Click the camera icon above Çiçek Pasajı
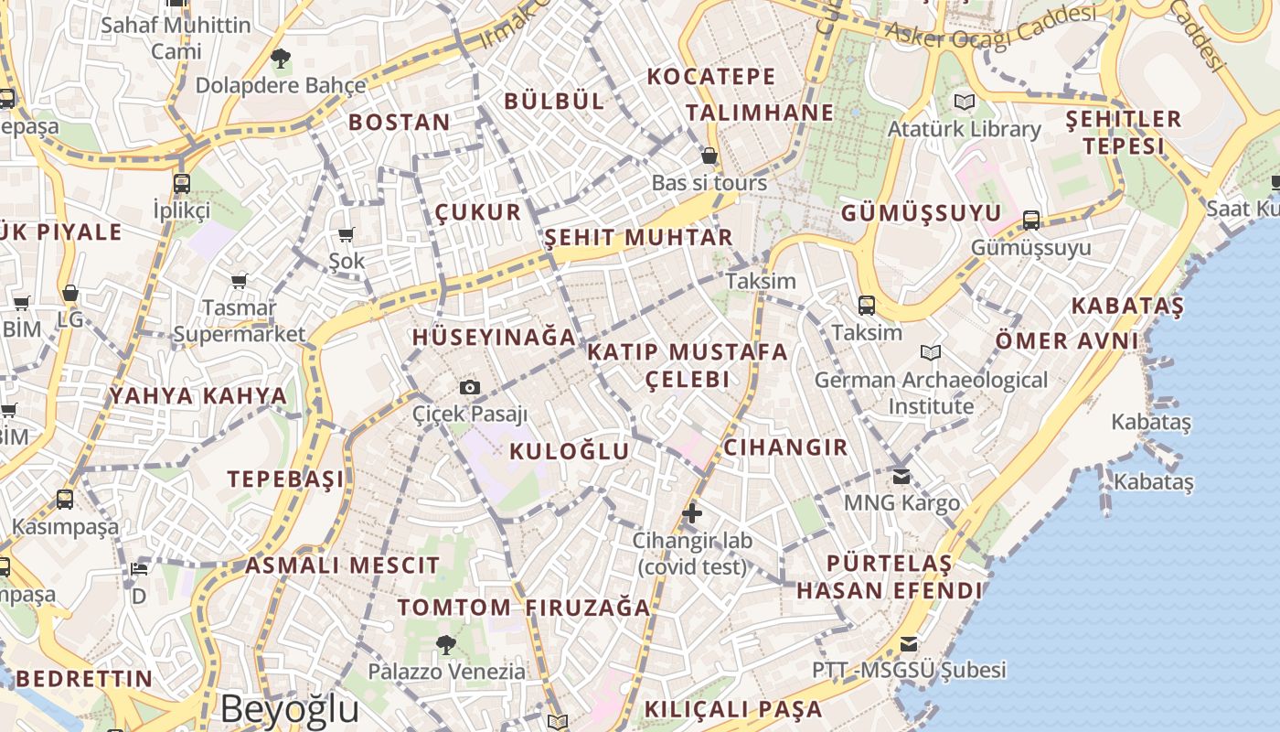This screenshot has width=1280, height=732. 470,387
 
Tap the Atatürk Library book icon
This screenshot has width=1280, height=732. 965,102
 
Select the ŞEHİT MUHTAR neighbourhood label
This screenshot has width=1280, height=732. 638,238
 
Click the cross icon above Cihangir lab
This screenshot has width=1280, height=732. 692,513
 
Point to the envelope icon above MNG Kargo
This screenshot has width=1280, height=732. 901,476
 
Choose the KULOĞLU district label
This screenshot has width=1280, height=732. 570,451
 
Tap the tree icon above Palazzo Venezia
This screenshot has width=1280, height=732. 446,645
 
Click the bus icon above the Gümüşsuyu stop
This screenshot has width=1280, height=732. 1031,220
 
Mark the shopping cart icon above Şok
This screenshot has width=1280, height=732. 347,235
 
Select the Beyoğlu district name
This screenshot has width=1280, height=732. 290,709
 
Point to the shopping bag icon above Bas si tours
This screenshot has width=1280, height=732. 709,156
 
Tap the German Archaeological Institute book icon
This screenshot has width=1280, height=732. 931,352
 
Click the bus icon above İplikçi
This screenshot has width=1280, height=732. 182,183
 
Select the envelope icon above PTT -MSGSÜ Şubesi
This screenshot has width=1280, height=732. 909,643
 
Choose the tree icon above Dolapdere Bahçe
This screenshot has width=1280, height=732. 281,59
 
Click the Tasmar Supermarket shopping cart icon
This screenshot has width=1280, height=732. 239,281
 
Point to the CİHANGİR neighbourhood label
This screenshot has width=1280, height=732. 785,447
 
